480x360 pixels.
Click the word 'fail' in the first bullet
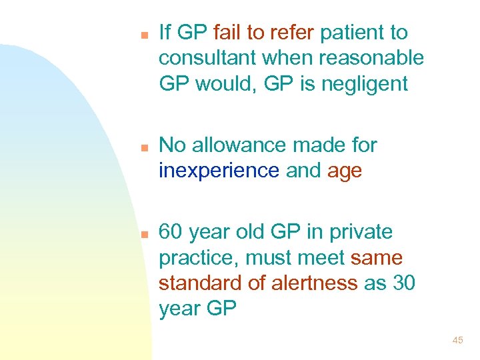(227, 32)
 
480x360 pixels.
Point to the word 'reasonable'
(371, 58)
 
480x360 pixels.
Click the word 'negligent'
(374, 84)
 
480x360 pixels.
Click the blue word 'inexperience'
(219, 171)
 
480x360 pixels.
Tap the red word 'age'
(345, 171)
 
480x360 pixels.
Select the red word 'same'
(377, 258)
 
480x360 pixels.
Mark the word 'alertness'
(315, 283)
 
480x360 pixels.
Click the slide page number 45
(457, 341)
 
